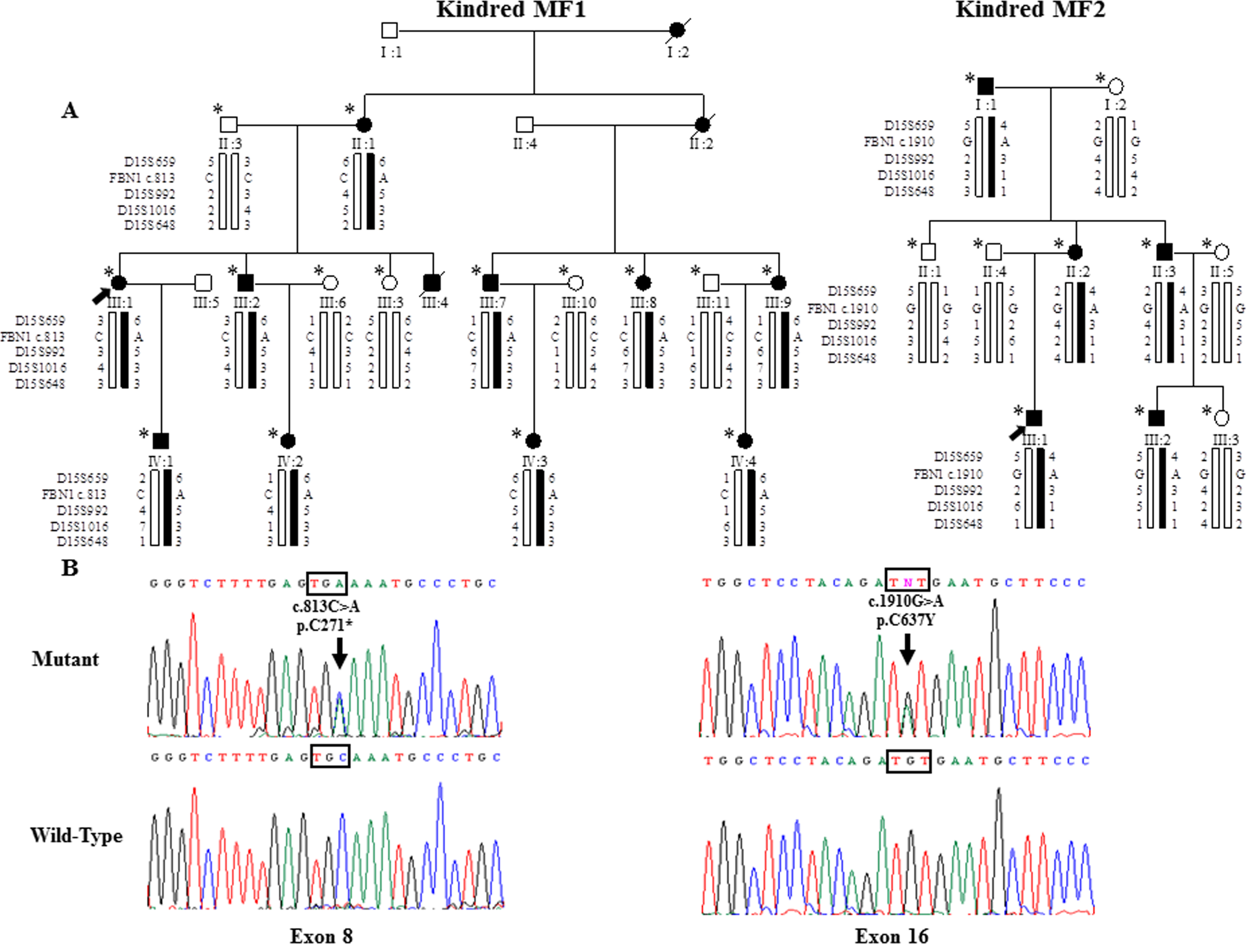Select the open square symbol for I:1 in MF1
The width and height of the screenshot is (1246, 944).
tap(389, 31)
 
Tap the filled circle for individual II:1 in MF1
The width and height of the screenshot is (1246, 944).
tap(364, 125)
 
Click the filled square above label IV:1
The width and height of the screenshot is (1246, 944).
tap(161, 441)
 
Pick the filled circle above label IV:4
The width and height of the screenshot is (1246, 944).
tap(745, 441)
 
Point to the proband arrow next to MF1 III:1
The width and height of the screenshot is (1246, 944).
tap(101, 295)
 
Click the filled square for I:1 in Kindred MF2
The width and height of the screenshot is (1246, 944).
tap(985, 86)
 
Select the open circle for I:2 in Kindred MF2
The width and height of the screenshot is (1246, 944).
tap(1115, 87)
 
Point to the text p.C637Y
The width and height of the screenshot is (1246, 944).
tap(905, 620)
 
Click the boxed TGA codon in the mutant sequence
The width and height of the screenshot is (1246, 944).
tap(327, 583)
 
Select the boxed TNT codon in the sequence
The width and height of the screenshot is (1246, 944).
tap(907, 582)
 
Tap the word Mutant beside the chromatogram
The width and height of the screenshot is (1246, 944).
tap(65, 659)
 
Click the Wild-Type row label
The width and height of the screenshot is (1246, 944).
tap(76, 835)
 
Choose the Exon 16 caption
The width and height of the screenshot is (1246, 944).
tap(891, 935)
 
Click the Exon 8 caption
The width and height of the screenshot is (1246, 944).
tap(321, 935)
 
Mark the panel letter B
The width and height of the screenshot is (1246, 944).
tap(70, 567)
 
